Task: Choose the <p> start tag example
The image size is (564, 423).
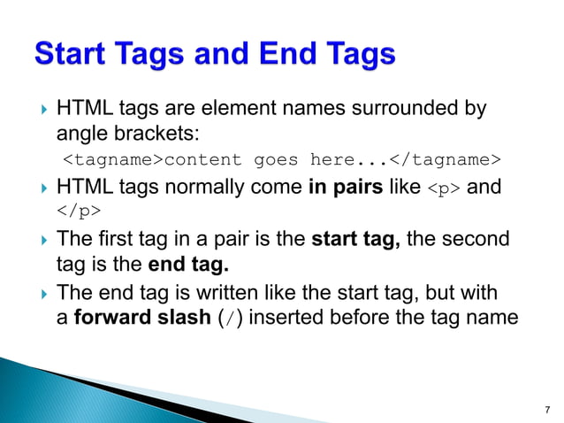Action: (x=444, y=188)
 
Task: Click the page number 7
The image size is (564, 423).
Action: (x=546, y=409)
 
